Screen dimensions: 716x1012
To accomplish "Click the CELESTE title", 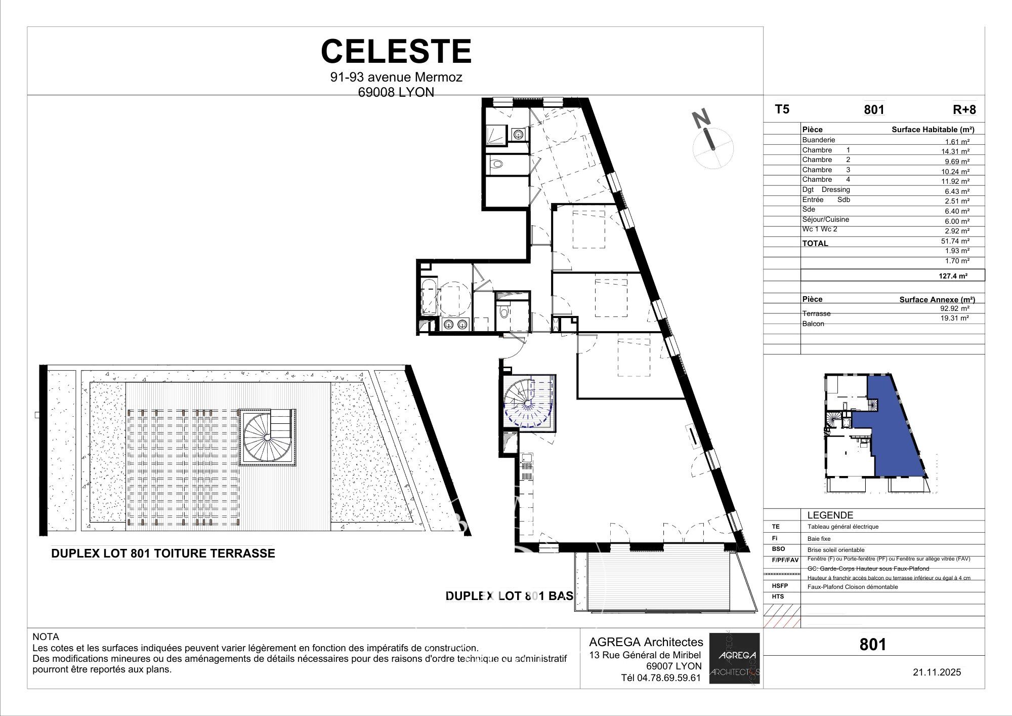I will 396,52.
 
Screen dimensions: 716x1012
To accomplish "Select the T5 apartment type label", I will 782,109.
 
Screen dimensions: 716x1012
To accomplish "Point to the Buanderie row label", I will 818,140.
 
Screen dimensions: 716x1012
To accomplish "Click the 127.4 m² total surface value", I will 953,276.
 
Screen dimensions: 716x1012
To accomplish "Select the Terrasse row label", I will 816,313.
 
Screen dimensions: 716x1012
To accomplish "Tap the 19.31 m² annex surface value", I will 954,318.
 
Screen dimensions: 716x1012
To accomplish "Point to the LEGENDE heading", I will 830,515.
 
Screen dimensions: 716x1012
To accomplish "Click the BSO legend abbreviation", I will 778,549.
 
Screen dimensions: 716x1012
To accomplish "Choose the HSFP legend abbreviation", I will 780,586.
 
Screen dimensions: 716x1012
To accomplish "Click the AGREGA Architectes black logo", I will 734,658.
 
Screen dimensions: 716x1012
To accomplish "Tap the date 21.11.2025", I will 937,672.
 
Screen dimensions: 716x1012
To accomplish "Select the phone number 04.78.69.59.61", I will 661,678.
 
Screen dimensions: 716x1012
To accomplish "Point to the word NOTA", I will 46,637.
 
